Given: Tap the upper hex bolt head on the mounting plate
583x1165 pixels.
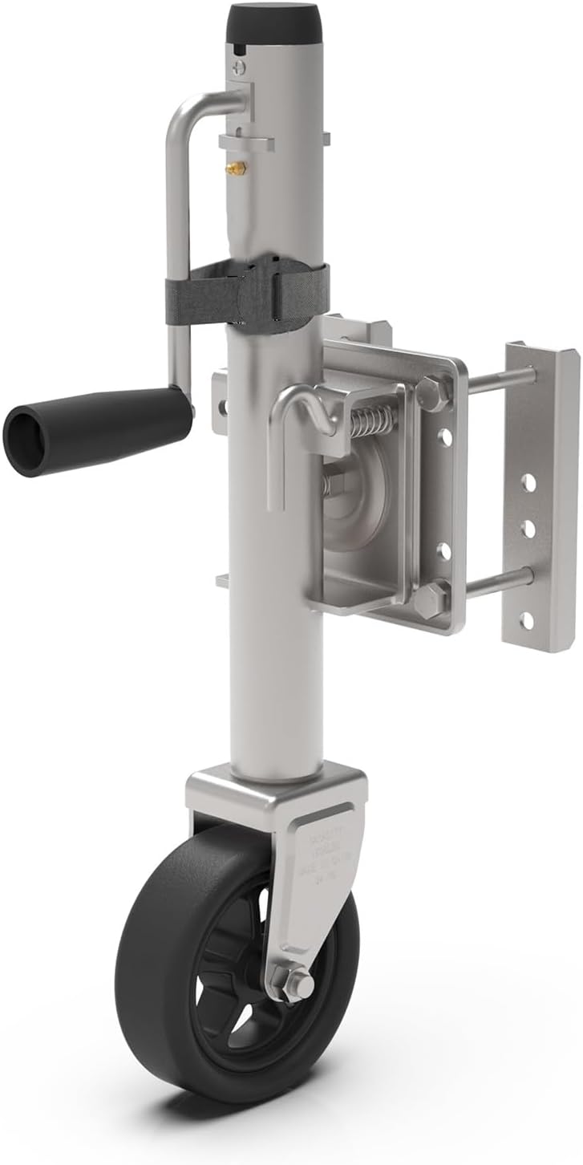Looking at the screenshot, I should pyautogui.click(x=433, y=393).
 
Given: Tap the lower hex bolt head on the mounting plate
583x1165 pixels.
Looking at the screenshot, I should pyautogui.click(x=430, y=598).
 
